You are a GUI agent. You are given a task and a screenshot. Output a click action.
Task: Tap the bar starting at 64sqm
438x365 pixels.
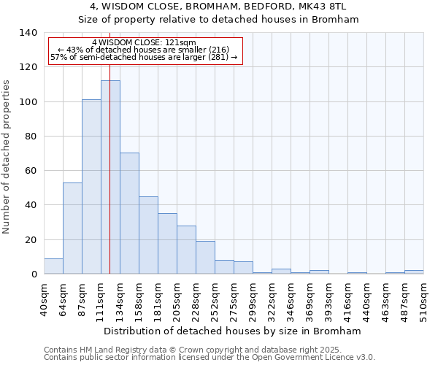72,228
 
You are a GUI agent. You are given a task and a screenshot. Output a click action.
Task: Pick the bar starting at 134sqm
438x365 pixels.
129,213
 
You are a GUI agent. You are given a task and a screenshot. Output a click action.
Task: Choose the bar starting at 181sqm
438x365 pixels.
167,243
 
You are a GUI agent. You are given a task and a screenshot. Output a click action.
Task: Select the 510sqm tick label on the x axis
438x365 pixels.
424,300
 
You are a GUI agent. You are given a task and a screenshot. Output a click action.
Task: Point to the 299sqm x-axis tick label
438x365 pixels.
253,300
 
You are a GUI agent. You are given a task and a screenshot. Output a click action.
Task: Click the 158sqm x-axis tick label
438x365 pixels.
139,300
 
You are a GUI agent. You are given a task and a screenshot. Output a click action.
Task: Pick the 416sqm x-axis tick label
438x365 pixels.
348,300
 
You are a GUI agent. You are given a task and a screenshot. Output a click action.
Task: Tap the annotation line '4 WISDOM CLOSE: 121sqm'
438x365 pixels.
144,42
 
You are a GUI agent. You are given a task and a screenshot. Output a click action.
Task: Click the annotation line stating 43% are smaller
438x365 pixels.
144,50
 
